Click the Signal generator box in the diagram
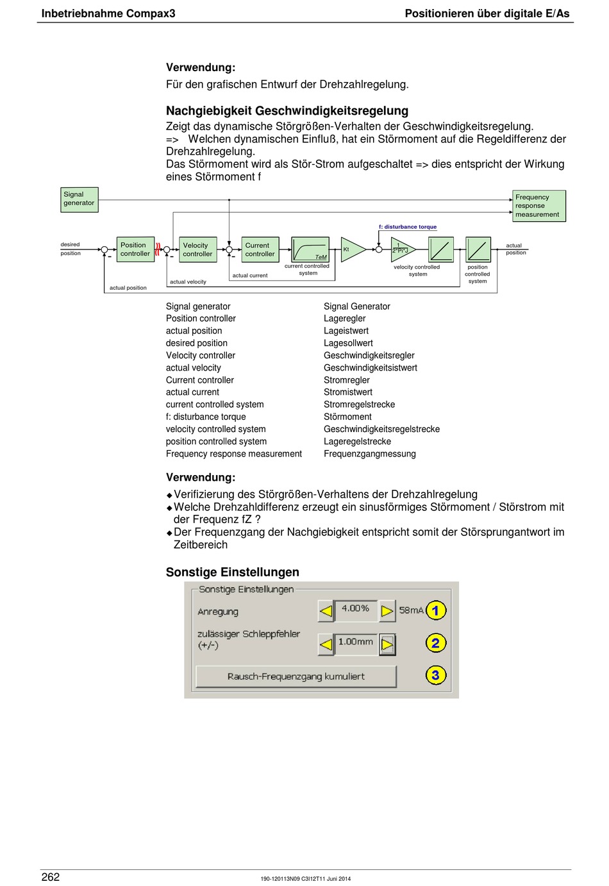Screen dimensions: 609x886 click(79, 200)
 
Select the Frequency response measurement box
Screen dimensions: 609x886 click(539, 206)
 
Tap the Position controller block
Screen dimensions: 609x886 click(135, 249)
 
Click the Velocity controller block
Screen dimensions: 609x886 click(197, 249)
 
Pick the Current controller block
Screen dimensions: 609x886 click(260, 249)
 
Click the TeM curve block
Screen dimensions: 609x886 click(310, 249)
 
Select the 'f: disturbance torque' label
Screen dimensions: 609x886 click(408, 227)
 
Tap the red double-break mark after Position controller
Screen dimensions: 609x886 click(158, 249)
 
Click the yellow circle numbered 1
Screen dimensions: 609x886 click(436, 610)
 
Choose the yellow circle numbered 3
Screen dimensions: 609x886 click(436, 675)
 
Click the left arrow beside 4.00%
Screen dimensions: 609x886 click(326, 611)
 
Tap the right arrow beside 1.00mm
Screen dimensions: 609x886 click(387, 645)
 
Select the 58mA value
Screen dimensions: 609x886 click(411, 610)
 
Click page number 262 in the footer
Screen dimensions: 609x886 click(51, 877)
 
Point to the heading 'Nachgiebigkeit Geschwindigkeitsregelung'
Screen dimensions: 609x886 click(287, 111)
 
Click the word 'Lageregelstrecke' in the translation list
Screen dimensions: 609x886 click(358, 442)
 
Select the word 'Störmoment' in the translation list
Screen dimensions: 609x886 click(347, 417)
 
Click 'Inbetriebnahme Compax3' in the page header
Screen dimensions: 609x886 click(108, 13)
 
